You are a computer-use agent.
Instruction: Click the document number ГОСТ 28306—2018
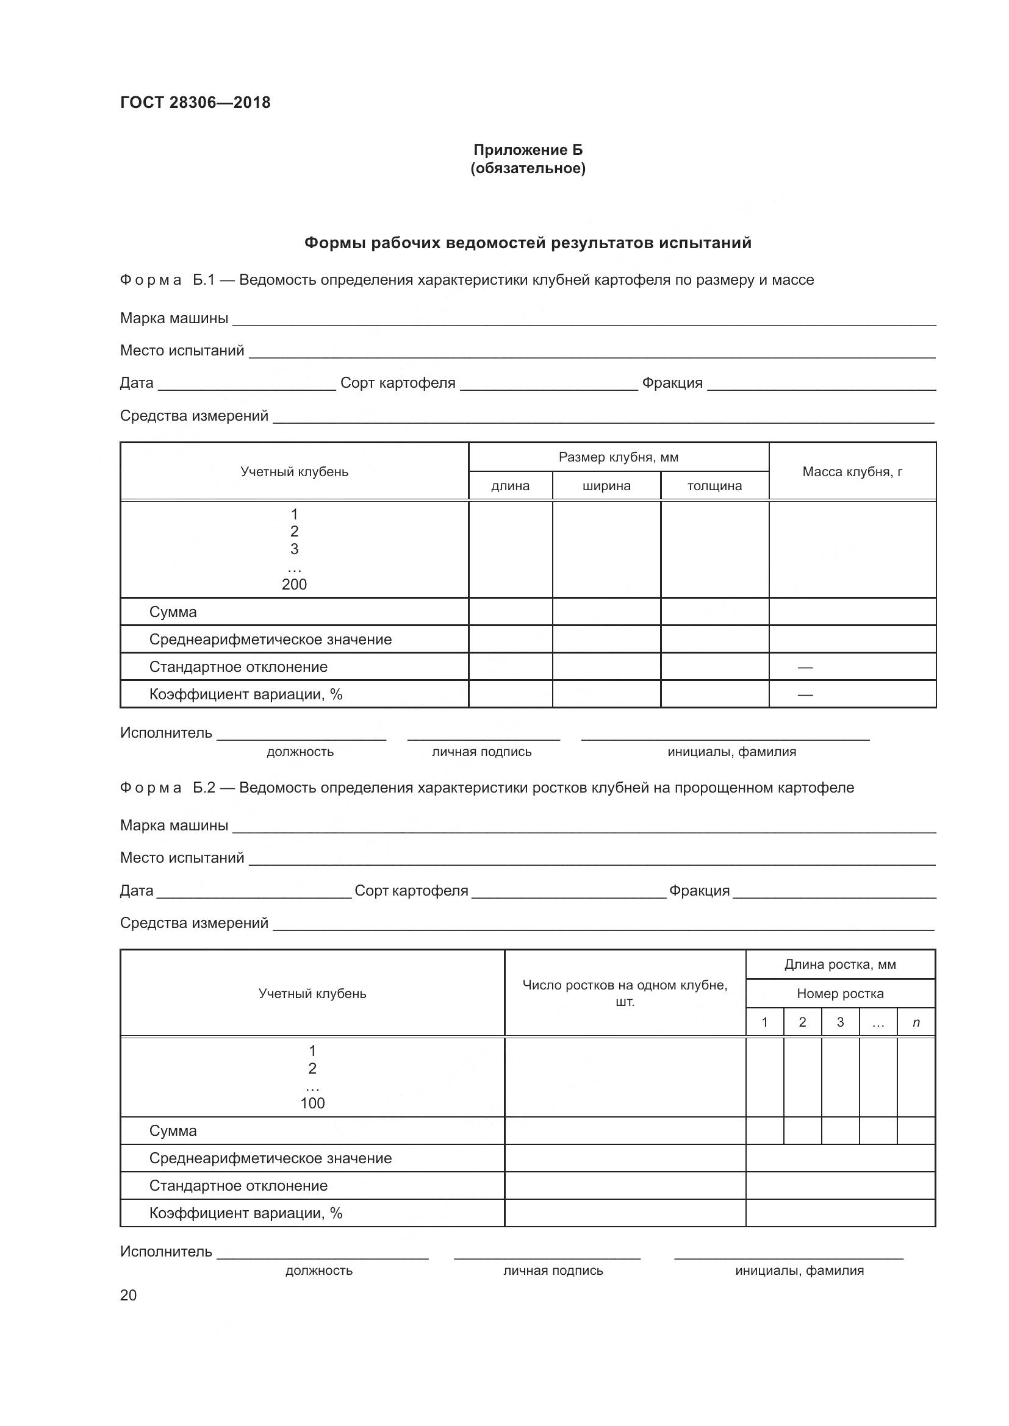(195, 102)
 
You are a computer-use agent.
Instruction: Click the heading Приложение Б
(528, 150)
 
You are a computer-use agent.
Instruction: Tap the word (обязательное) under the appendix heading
(528, 168)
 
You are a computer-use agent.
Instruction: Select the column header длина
(510, 486)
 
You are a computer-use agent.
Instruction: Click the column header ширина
(606, 486)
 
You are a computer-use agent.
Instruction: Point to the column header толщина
(714, 486)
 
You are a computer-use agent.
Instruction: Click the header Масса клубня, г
(852, 471)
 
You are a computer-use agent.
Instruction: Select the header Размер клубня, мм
(618, 457)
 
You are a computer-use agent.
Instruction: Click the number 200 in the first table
(294, 584)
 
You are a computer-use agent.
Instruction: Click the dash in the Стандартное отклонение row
(805, 667)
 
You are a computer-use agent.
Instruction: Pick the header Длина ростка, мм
(840, 964)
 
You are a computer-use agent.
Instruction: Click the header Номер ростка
(840, 993)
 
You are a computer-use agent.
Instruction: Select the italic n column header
(916, 1022)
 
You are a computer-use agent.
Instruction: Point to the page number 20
(128, 1295)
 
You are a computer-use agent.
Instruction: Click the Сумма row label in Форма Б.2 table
(173, 1130)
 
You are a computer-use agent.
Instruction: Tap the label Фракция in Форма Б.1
(672, 383)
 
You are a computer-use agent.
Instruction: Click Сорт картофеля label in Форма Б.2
(411, 891)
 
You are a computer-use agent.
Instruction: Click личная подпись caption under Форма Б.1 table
(481, 752)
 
